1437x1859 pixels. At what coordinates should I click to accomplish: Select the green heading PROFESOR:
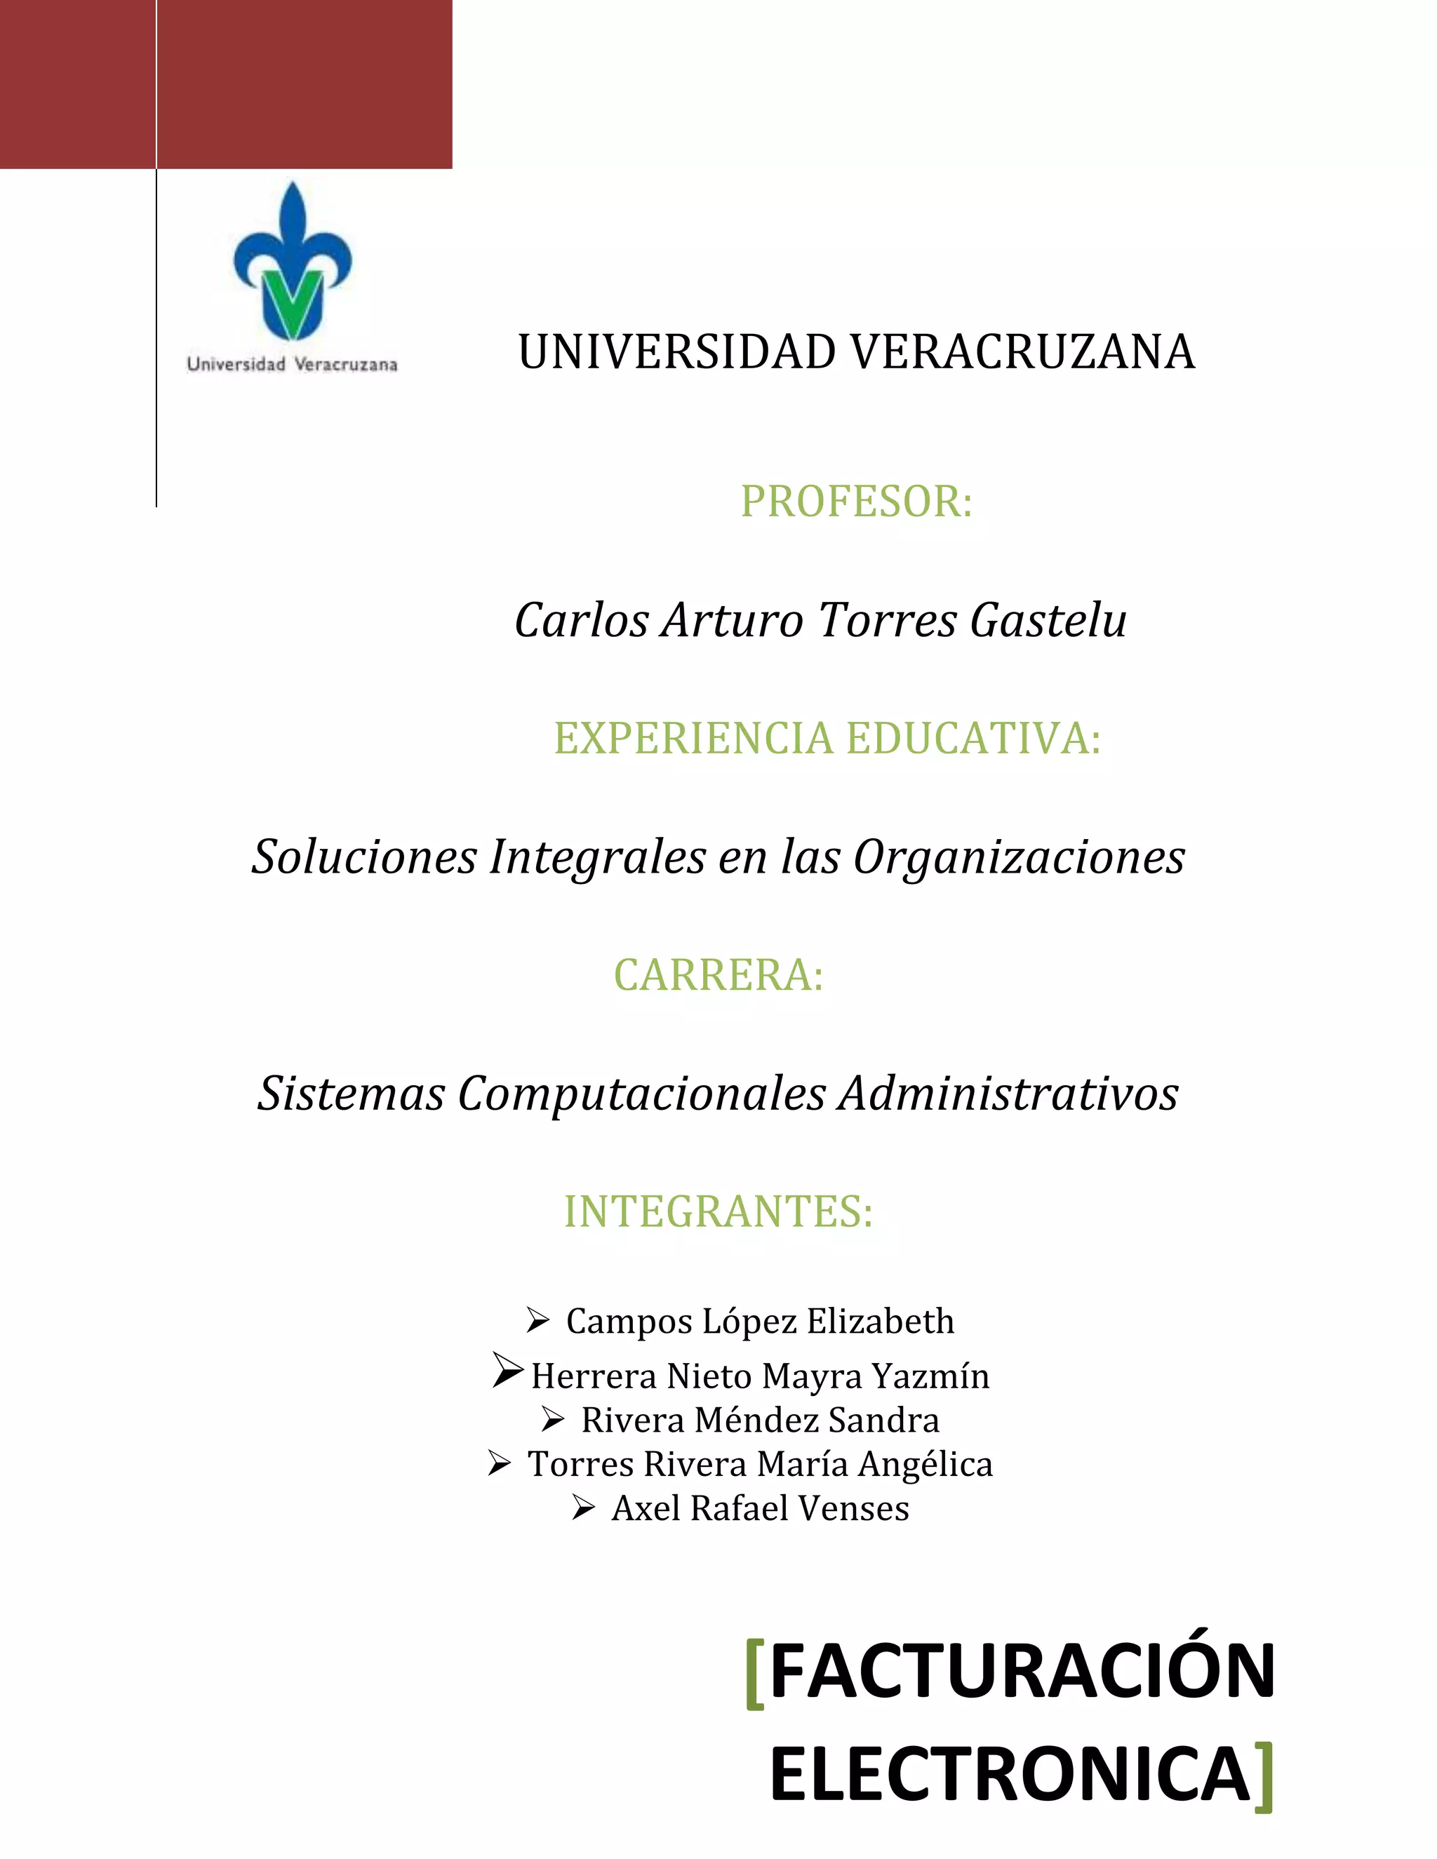855,502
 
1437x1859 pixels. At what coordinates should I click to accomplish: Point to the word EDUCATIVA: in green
973,738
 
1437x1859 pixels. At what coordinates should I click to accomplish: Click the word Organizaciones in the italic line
1018,857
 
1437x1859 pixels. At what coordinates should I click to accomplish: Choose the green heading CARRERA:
718,976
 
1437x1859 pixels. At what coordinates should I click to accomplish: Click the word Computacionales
642,1093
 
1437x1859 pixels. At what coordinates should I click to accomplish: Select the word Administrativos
1008,1093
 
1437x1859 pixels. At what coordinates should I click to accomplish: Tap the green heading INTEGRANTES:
718,1212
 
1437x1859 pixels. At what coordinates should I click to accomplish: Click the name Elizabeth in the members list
881,1321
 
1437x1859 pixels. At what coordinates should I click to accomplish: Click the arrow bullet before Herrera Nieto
507,1371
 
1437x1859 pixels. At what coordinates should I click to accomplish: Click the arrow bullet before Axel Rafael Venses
583,1508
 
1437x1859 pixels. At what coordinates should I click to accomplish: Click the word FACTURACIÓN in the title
1022,1671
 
